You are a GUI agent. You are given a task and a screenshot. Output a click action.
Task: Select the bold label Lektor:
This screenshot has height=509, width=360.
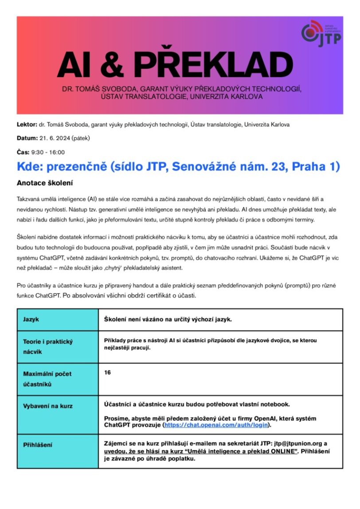pyautogui.click(x=27, y=125)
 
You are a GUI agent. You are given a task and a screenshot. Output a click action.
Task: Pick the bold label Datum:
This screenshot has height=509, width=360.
pyautogui.click(x=27, y=138)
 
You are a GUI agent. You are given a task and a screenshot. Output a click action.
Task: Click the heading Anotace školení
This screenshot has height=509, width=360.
pyautogui.click(x=44, y=183)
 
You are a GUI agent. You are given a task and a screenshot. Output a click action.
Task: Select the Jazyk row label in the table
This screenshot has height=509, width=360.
pyautogui.click(x=31, y=320)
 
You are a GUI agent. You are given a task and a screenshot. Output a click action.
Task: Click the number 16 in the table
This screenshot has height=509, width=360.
pyautogui.click(x=107, y=372)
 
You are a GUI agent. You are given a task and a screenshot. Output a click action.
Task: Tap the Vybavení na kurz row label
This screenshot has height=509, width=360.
pyautogui.click(x=47, y=406)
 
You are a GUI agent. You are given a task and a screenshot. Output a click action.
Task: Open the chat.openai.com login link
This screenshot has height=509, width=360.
pyautogui.click(x=216, y=425)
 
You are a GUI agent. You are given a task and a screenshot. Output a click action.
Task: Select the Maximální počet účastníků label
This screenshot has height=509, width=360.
pyautogui.click(x=47, y=379)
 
